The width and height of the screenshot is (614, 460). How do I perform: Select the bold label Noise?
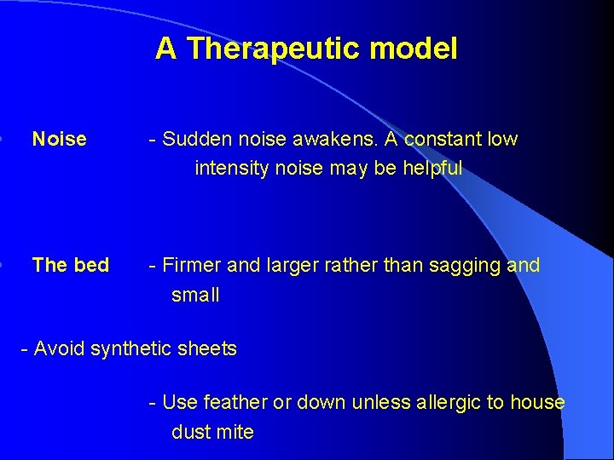59,139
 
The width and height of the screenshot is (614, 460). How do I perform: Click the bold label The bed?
70,265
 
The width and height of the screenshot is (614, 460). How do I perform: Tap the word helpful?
432,169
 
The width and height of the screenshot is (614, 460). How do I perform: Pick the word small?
195,296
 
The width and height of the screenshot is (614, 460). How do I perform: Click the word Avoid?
60,348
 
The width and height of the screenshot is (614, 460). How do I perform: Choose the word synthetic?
133,348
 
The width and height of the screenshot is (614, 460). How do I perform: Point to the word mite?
236,432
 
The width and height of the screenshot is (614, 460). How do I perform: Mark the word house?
537,402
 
